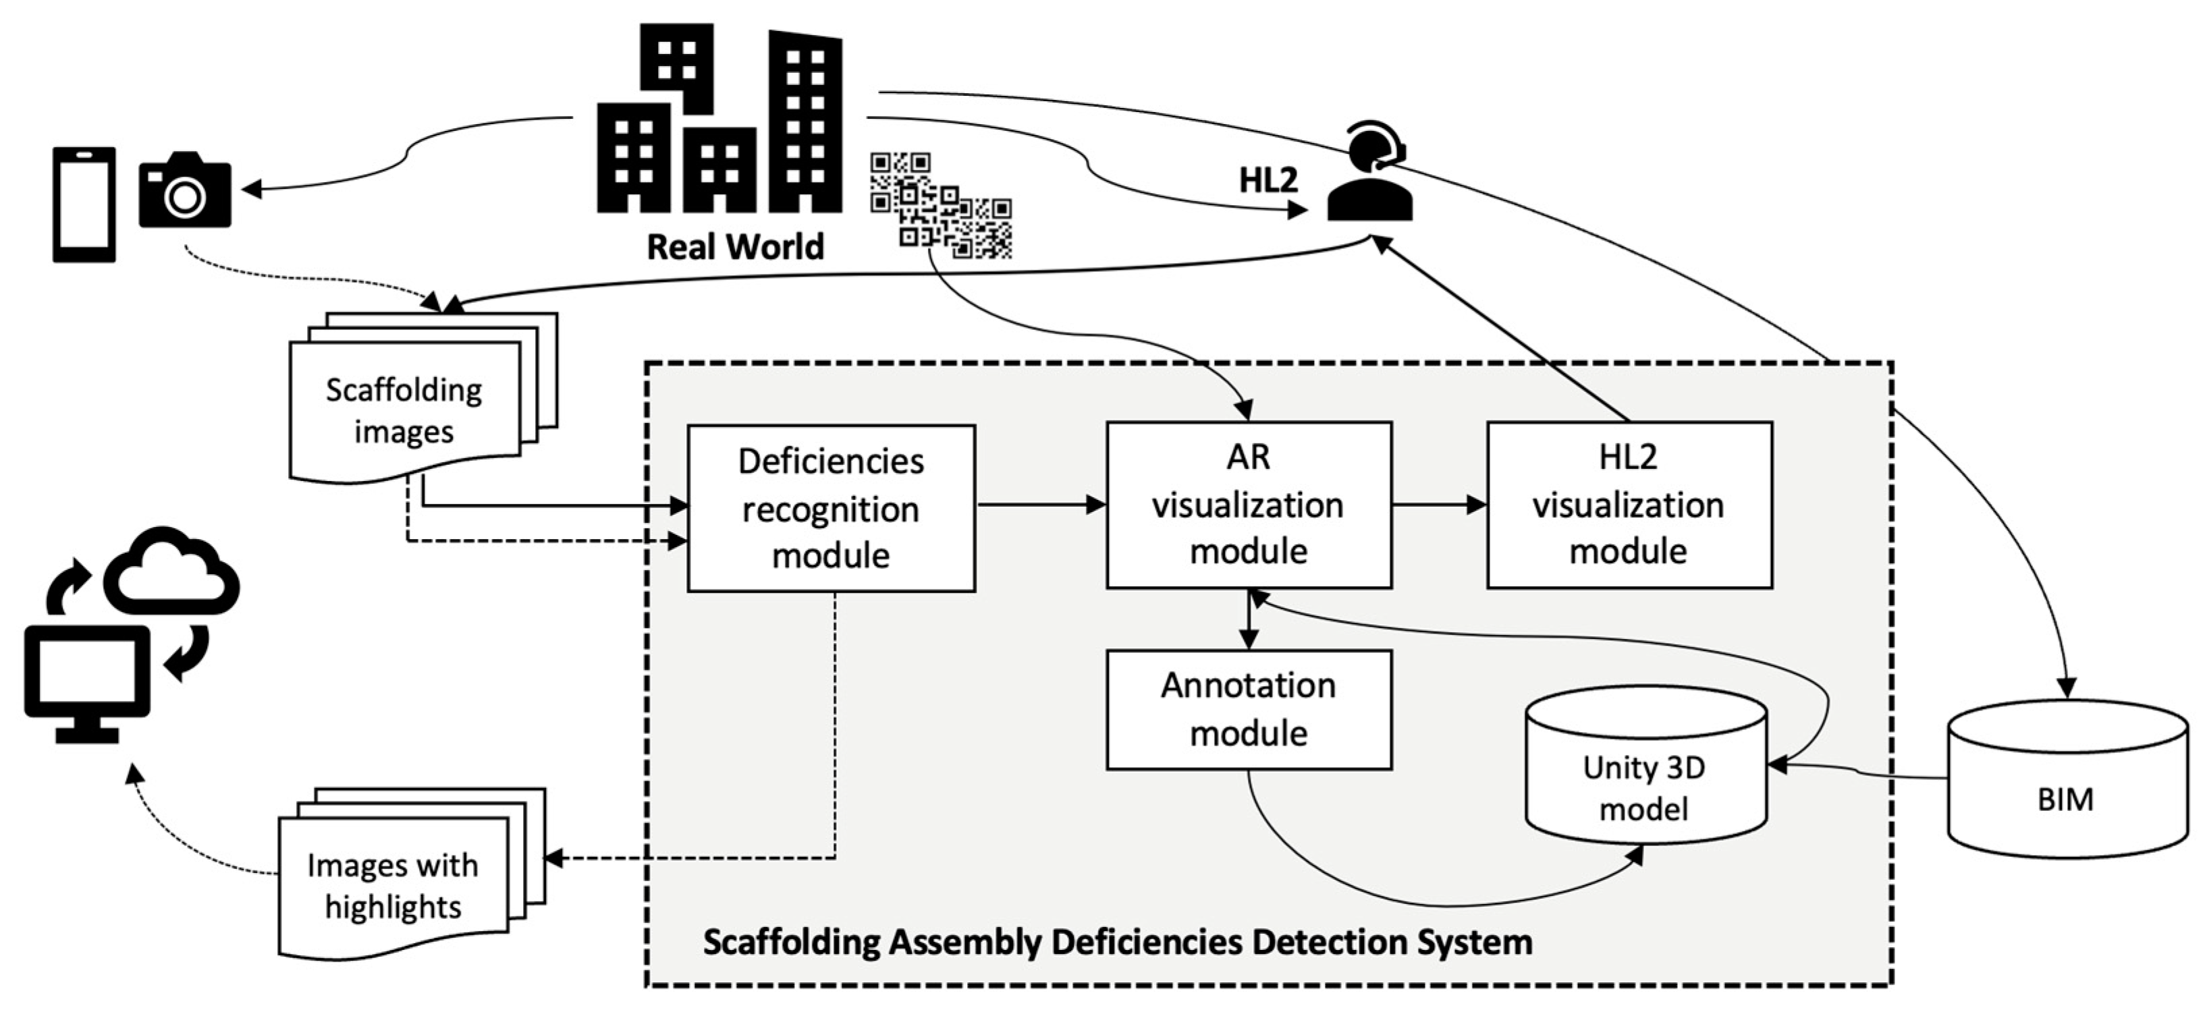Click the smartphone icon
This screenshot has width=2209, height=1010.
[84, 204]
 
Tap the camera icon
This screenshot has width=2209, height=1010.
[185, 191]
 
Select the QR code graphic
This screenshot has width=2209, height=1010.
[941, 206]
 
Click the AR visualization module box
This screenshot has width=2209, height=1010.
[1249, 505]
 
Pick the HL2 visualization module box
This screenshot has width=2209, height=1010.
[1629, 505]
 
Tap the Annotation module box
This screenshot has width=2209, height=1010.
[1249, 710]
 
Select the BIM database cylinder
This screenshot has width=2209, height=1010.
[2067, 780]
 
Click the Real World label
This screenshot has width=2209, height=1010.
[735, 247]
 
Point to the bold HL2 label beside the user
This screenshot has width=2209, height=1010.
[1268, 179]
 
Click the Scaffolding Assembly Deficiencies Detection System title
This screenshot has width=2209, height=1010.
[1118, 941]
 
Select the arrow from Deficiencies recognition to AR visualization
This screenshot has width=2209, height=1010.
[1040, 505]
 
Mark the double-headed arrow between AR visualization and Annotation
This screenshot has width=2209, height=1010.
[1249, 619]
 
